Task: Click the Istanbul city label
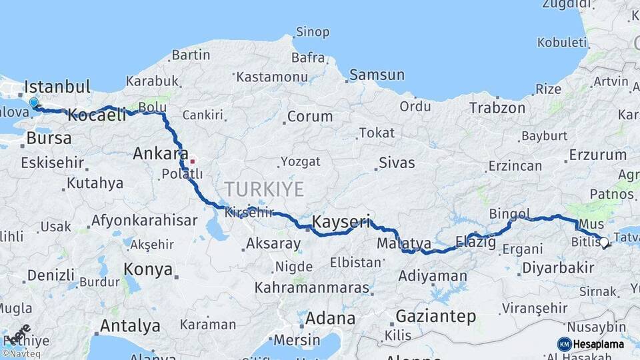coord(57,87)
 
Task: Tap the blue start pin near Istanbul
coord(33,103)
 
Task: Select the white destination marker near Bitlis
coord(605,243)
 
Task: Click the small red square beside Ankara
coord(193,161)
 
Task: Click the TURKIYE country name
coord(265,188)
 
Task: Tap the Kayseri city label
coord(341,222)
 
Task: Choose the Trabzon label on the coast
coord(493,107)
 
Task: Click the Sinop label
coord(312,32)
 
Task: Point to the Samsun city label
coord(377,75)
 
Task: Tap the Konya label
coord(148,270)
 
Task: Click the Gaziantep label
coord(436,316)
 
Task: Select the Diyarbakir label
coord(559,267)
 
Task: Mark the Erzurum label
coord(597,155)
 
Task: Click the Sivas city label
coord(397,163)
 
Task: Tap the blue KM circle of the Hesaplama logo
coord(564,344)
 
